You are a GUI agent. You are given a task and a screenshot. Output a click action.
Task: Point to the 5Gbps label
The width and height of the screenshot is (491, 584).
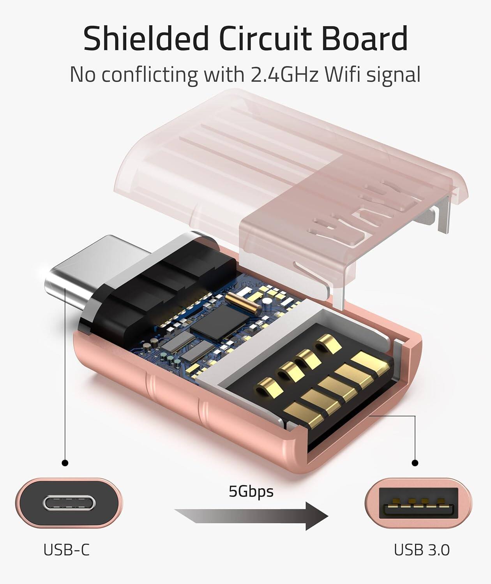click(x=251, y=491)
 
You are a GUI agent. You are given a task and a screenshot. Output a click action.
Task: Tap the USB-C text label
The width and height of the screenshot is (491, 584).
click(x=66, y=550)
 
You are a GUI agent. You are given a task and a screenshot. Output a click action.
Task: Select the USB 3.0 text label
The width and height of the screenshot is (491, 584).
click(x=422, y=550)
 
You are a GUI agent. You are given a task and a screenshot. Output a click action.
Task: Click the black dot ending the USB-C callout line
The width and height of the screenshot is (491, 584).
click(x=65, y=463)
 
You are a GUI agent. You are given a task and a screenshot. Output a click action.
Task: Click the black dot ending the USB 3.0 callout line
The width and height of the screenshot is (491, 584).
click(x=415, y=463)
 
